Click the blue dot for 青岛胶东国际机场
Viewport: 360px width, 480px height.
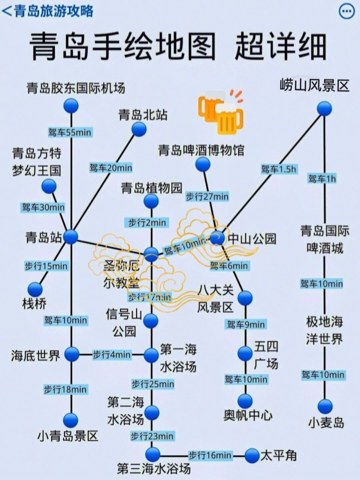point(71,106)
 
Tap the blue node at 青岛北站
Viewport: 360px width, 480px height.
point(139,129)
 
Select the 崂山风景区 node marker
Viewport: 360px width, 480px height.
point(324,109)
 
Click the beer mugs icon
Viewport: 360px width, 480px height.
point(220,111)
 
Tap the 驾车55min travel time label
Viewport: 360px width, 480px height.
point(70,132)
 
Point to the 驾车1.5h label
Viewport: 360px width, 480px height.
point(278,169)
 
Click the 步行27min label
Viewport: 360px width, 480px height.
point(207,196)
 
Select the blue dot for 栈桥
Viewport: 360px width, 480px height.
point(36,289)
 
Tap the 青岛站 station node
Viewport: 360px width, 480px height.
point(70,237)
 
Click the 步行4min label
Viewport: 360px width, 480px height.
point(112,354)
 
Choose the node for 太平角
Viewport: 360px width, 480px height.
point(252,456)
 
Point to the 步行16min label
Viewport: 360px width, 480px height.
point(210,456)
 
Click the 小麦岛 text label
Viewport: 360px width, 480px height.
point(326,423)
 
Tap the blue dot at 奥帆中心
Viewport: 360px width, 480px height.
point(245,401)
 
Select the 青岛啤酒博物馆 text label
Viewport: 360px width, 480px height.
point(201,151)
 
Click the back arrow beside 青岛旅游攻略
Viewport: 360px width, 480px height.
point(6,11)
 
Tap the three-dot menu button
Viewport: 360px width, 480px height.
point(346,12)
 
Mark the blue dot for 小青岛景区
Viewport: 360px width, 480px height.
point(70,420)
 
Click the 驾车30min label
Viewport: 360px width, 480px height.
point(43,207)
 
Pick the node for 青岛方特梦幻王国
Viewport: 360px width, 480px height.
point(49,186)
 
